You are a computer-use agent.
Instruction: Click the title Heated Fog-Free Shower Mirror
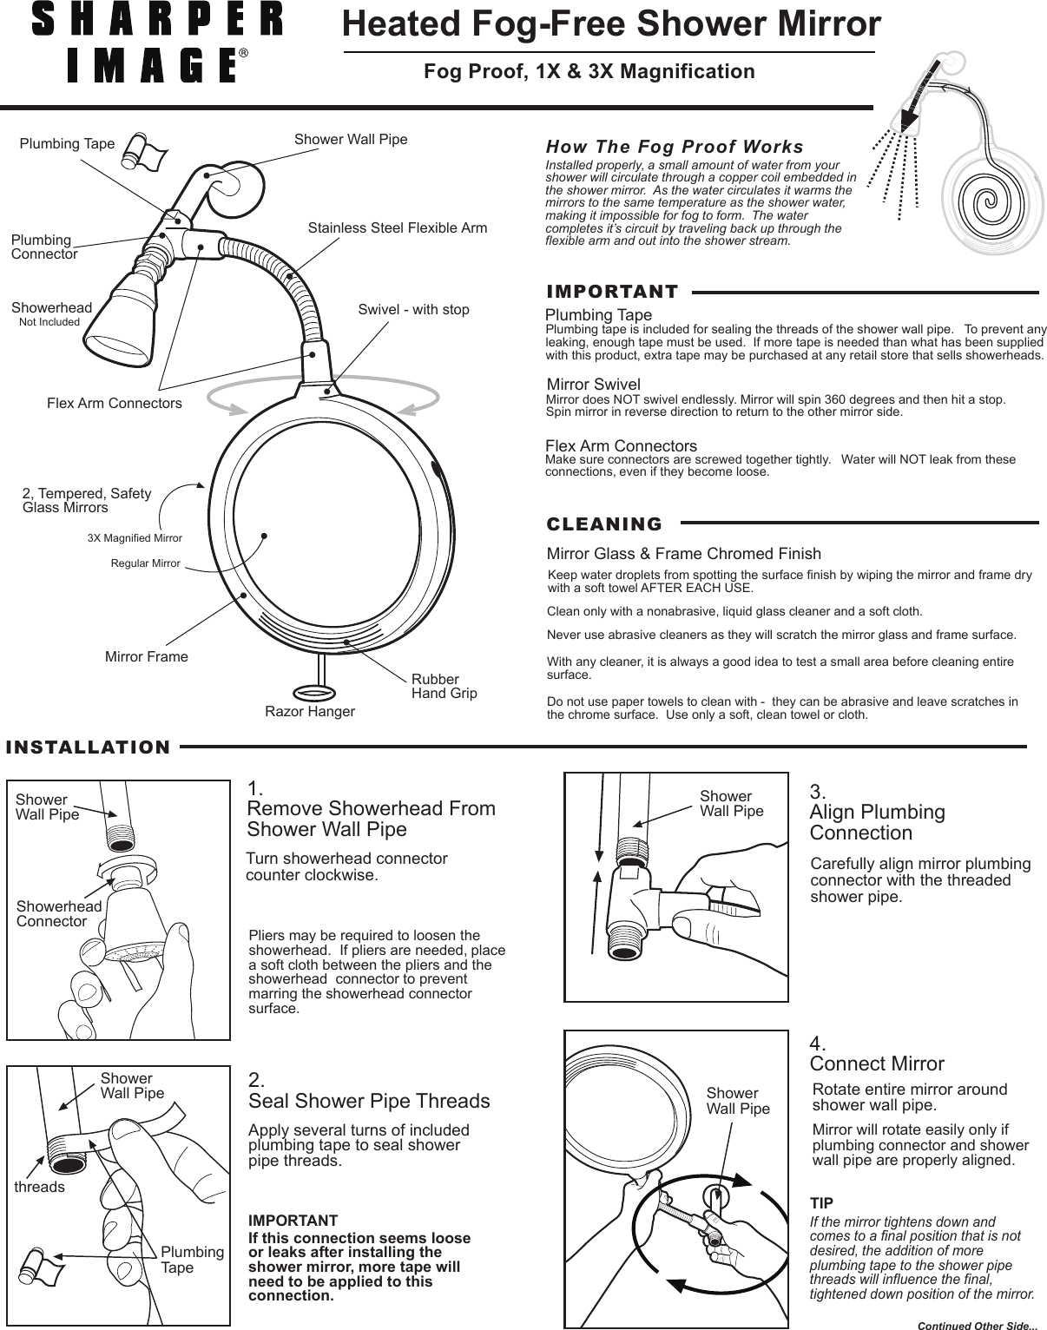pos(611,24)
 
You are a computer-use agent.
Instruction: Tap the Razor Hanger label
pos(309,712)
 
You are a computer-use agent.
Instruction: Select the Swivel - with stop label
pos(413,310)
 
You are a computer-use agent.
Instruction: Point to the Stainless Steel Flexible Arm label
pos(398,228)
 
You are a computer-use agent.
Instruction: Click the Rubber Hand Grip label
pos(444,686)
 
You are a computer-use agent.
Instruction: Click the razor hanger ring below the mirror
pos(315,692)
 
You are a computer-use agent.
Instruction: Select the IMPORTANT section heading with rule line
pos(612,292)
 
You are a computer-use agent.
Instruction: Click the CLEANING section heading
pos(604,524)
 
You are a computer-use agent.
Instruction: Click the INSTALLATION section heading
pos(89,747)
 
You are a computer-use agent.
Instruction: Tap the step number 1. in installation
pos(255,789)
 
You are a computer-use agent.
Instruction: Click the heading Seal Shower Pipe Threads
pos(369,1101)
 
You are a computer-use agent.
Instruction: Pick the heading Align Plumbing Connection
pos(877,822)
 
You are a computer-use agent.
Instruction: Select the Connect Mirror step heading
pos(877,1063)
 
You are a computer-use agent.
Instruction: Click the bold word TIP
pos(821,1203)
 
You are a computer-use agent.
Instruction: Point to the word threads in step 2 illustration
pos(40,1187)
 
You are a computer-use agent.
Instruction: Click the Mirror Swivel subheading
pos(594,385)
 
